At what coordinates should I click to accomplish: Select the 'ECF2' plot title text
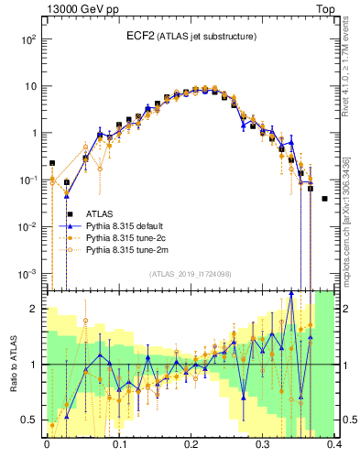(142, 36)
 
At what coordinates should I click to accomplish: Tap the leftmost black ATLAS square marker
(52, 163)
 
